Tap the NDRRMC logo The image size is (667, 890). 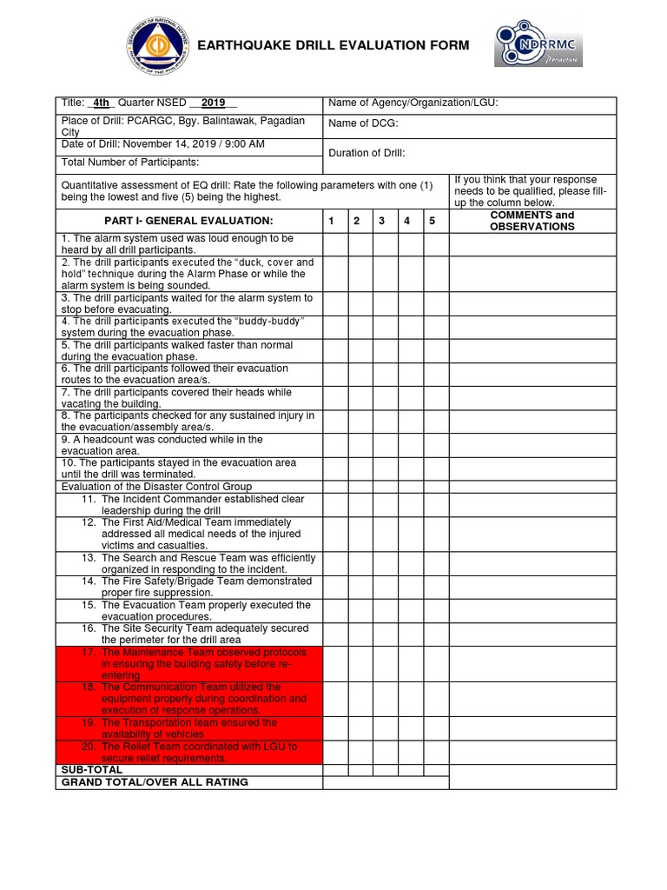point(538,45)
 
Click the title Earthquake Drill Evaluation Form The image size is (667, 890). point(333,45)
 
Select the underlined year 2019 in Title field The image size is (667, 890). point(213,103)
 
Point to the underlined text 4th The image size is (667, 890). point(102,103)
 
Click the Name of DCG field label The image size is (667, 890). point(363,123)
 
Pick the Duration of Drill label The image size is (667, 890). point(367,153)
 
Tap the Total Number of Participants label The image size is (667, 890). point(130,162)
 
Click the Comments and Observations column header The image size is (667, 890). point(532,221)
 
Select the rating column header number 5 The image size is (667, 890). point(432,221)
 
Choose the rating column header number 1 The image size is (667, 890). point(331,221)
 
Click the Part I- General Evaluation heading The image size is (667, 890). point(188,221)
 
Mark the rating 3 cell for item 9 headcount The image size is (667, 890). point(381,445)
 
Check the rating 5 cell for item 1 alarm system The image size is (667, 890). point(432,244)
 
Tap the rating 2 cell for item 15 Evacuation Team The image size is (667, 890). point(356,610)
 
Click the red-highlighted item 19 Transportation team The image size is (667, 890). point(188,727)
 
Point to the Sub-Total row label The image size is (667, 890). point(91,769)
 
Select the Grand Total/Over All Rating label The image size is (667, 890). point(155,782)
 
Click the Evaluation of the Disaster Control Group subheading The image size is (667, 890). point(156,487)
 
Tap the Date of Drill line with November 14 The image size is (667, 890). point(163,143)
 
